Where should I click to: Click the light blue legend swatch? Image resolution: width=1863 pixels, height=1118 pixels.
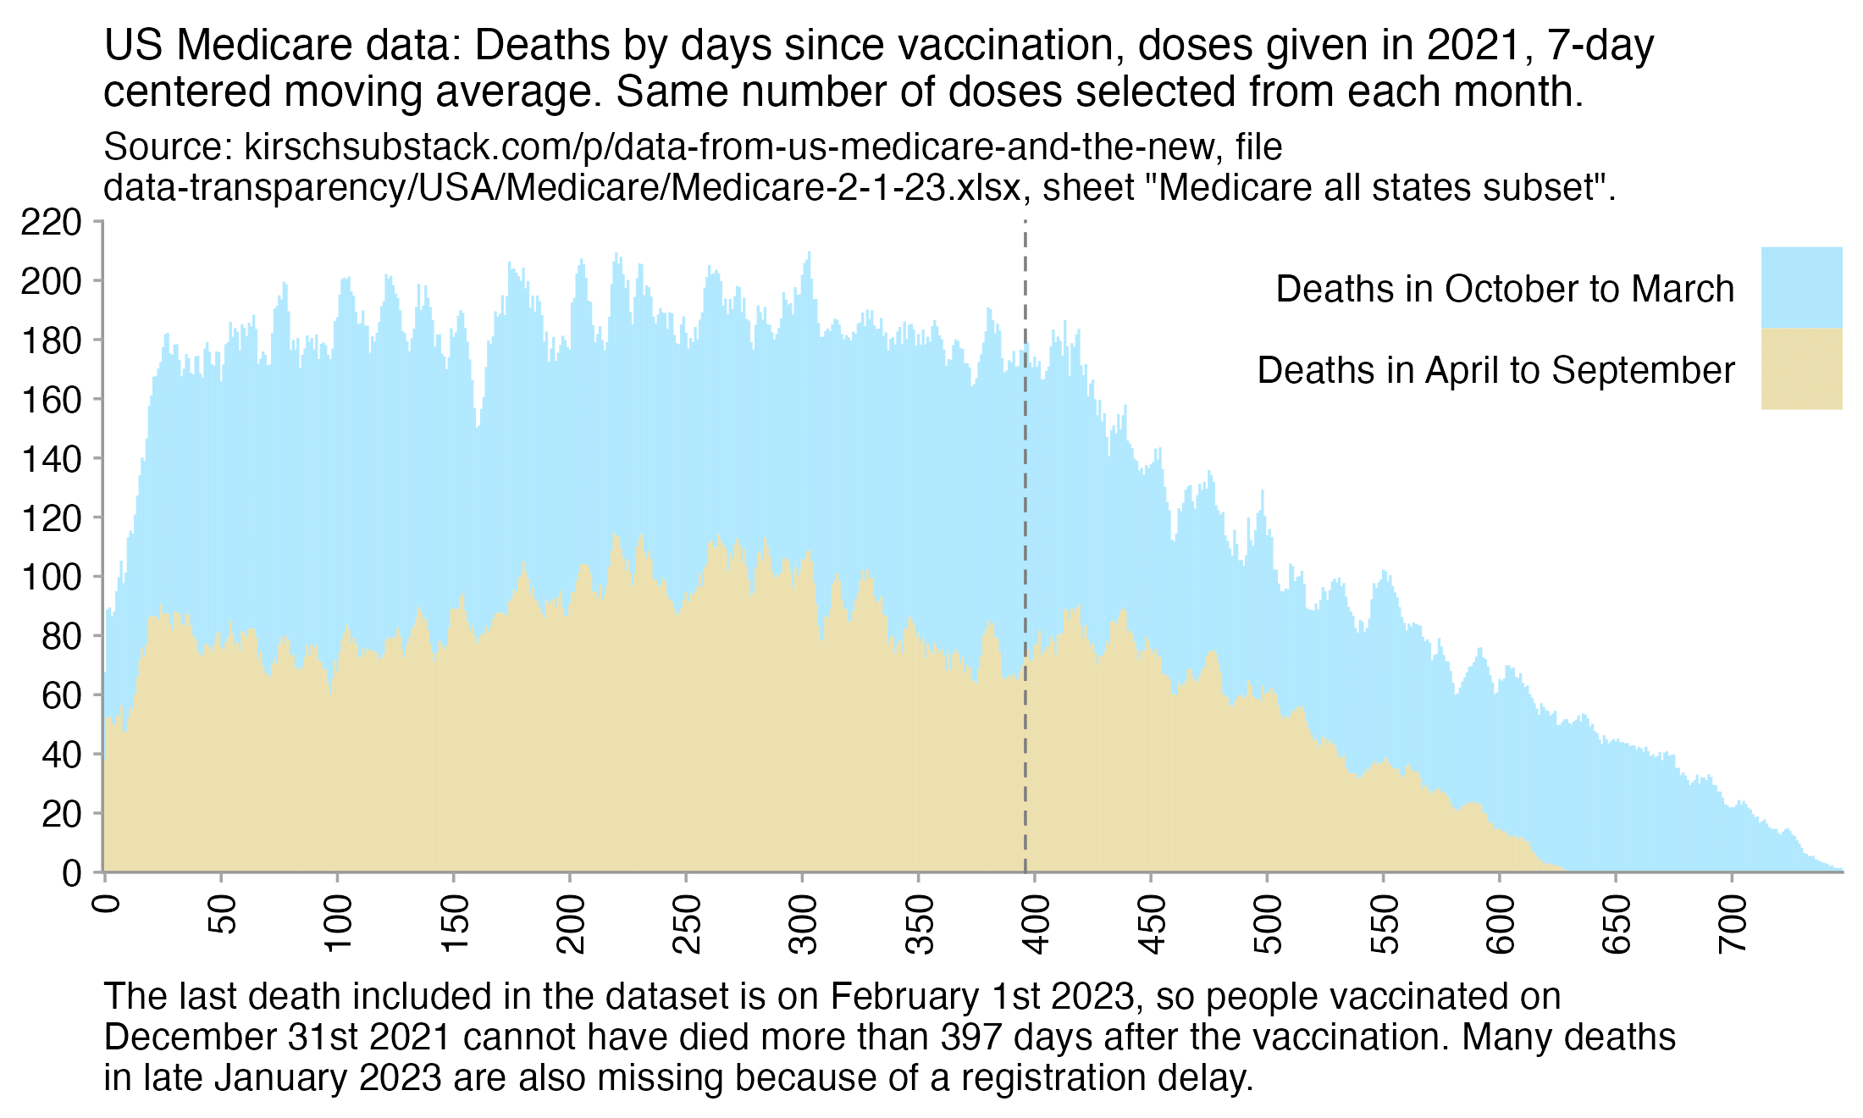tap(1801, 287)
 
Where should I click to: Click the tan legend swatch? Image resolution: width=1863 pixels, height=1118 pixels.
tap(1801, 368)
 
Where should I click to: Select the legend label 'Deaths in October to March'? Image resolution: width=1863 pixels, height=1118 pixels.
tap(1505, 289)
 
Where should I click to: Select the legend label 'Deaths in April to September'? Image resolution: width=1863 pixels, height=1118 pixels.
tap(1495, 370)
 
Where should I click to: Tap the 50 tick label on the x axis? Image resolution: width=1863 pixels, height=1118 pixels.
tap(222, 915)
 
